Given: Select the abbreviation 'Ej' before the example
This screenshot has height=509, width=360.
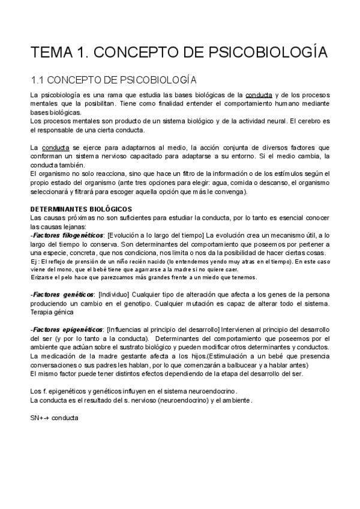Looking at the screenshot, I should click(34, 262).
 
